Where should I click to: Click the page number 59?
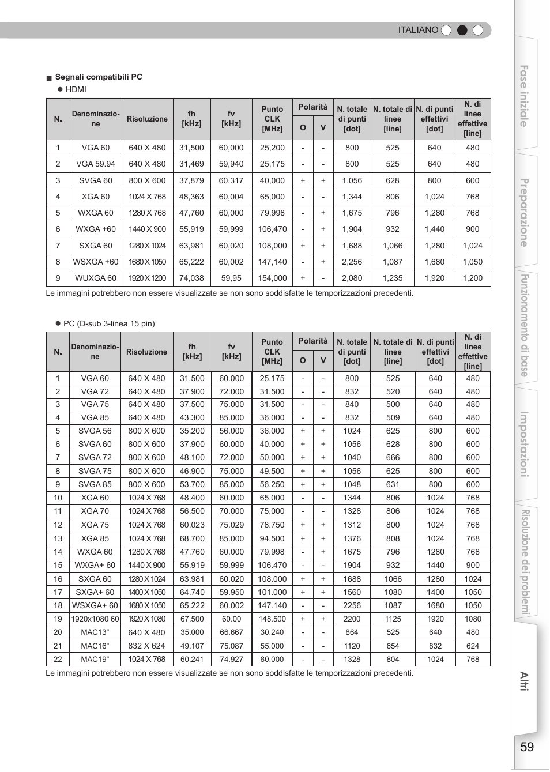pyautogui.click(x=526, y=747)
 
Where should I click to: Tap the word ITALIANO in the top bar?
pyautogui.click(x=418, y=30)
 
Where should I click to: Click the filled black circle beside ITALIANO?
pyautogui.click(x=462, y=30)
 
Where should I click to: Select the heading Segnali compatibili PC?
pyautogui.click(x=99, y=77)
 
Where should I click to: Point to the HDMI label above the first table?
pyautogui.click(x=76, y=89)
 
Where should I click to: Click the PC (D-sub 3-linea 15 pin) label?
pyautogui.click(x=109, y=323)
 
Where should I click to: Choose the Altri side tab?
pyautogui.click(x=524, y=681)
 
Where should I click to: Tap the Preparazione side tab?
pyautogui.click(x=524, y=213)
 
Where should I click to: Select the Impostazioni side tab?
pyautogui.click(x=524, y=444)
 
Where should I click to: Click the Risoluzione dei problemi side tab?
pyautogui.click(x=525, y=562)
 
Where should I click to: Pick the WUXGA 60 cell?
pyautogui.click(x=96, y=278)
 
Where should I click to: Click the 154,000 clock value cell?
pyautogui.click(x=272, y=278)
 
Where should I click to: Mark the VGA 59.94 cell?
pyautogui.click(x=96, y=164)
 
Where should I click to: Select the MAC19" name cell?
pyautogui.click(x=95, y=659)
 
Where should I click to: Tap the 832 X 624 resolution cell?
pyautogui.click(x=146, y=646)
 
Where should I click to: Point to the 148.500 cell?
pyautogui.click(x=272, y=619)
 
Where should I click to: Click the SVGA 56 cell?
pyautogui.click(x=95, y=431)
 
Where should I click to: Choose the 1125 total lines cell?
pyautogui.click(x=393, y=619)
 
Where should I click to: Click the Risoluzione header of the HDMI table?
pyautogui.click(x=147, y=119)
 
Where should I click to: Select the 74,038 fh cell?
pyautogui.click(x=191, y=278)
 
